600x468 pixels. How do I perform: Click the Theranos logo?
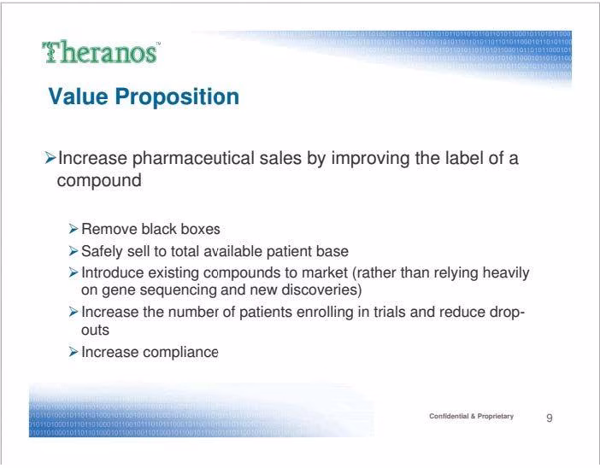click(x=101, y=52)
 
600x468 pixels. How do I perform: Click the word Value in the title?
click(x=78, y=97)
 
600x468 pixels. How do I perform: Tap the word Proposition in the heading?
click(x=177, y=97)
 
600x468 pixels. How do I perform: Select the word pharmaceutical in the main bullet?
click(x=193, y=159)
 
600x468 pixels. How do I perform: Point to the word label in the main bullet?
click(x=464, y=158)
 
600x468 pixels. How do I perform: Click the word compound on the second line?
click(x=99, y=181)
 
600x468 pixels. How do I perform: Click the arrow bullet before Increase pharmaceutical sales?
click(x=50, y=157)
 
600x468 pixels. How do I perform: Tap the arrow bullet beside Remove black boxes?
click(x=74, y=229)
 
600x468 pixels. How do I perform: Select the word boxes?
click(x=200, y=229)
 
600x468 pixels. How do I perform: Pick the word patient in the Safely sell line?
click(x=289, y=251)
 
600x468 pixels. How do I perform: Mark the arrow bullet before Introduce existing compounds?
click(x=74, y=272)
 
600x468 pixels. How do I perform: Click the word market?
click(x=325, y=272)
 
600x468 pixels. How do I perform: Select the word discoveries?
click(x=321, y=290)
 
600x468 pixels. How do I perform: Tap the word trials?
click(x=390, y=312)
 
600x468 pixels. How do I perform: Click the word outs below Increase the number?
click(x=95, y=330)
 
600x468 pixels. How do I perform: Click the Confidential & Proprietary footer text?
click(x=472, y=416)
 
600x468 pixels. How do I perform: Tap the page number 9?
click(x=550, y=418)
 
